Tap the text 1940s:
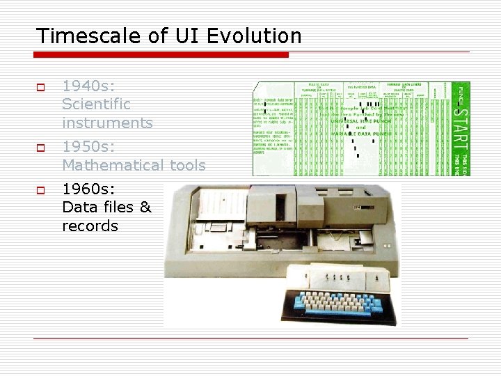pyautogui.click(x=88, y=86)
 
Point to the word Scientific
pyautogui.click(x=96, y=104)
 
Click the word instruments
pyautogui.click(x=107, y=123)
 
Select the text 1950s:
pyautogui.click(x=88, y=147)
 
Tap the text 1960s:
pyautogui.click(x=88, y=189)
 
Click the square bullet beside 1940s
pyautogui.click(x=40, y=88)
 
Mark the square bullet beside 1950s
pyautogui.click(x=40, y=148)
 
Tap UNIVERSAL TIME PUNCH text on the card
pyautogui.click(x=361, y=121)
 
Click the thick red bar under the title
pyautogui.click(x=161, y=54)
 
